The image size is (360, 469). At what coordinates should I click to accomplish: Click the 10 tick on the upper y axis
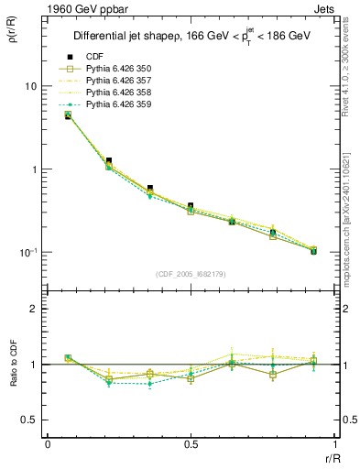point(30,86)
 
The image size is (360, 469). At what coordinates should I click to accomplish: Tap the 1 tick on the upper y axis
point(33,169)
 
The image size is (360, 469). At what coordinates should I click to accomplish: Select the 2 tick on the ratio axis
point(33,309)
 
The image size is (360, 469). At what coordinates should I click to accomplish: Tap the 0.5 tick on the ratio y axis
point(29,420)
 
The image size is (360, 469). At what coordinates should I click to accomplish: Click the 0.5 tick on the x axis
point(191,443)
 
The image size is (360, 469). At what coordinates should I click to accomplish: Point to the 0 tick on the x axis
point(48,443)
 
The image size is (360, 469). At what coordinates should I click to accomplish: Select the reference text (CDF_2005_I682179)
point(191,274)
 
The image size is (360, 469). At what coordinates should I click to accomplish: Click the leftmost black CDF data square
point(68,116)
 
